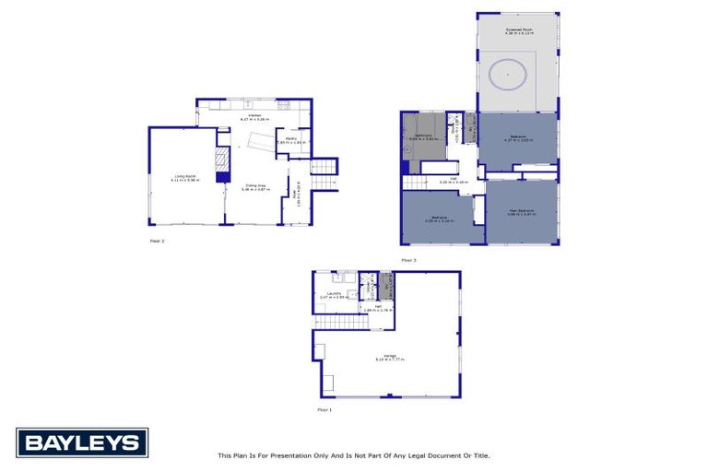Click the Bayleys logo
81,442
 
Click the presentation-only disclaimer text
353,454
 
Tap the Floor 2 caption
157,241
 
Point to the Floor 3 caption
408,260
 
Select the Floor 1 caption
324,408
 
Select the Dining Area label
254,187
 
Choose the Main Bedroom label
522,211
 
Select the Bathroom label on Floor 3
423,136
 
